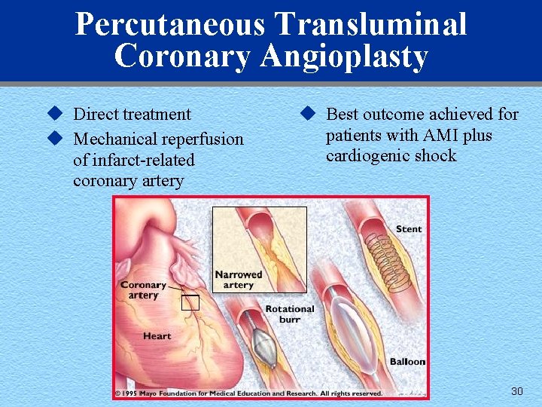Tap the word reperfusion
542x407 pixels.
pyautogui.click(x=206, y=139)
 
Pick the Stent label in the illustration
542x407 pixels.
pyautogui.click(x=409, y=228)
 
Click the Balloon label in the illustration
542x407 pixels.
pyautogui.click(x=407, y=362)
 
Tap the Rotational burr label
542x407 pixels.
pyautogui.click(x=290, y=314)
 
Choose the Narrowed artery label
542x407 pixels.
pyautogui.click(x=238, y=280)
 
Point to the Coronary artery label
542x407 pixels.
pyautogui.click(x=143, y=289)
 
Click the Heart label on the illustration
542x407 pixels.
pyautogui.click(x=157, y=336)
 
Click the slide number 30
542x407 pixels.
pyautogui.click(x=516, y=391)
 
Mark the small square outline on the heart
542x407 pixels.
pyautogui.click(x=190, y=303)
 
